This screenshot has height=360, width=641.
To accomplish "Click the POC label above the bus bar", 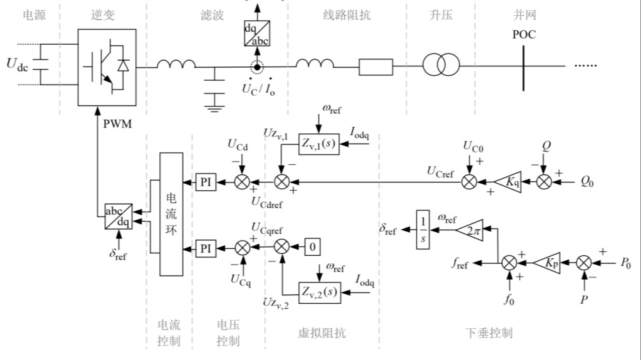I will [524, 35].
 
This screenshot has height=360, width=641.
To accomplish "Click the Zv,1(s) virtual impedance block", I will [319, 145].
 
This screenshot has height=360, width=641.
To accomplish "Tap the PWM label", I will [118, 124].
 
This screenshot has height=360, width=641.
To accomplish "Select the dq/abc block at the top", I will [256, 33].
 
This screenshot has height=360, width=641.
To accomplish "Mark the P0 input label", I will [625, 261].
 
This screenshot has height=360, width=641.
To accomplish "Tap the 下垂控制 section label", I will [489, 333].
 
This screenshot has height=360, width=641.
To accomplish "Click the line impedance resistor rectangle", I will [375, 66].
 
